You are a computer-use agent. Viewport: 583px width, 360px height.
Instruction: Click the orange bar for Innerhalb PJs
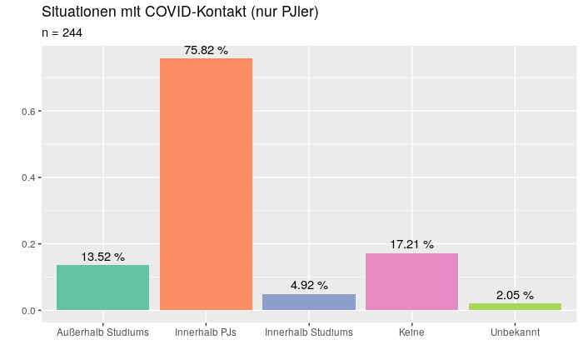tap(206, 184)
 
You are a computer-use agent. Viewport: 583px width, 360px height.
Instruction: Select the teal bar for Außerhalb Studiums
tap(102, 287)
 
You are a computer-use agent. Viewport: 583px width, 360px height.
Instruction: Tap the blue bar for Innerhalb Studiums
tap(309, 302)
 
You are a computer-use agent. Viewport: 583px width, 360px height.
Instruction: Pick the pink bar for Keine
tap(411, 282)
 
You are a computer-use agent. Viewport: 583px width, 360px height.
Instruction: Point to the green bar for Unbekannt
tap(515, 307)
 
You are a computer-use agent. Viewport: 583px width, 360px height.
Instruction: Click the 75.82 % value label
tap(206, 50)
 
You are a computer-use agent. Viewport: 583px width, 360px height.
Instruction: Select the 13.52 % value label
tap(102, 257)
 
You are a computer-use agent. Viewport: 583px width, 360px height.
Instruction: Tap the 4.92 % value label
tap(309, 285)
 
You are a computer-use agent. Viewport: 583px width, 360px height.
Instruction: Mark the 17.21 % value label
tap(411, 244)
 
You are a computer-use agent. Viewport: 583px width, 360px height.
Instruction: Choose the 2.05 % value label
tap(515, 295)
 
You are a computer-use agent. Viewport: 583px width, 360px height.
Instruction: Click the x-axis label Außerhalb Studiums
tap(102, 332)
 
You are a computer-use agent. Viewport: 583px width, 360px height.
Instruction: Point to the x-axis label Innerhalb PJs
tap(206, 332)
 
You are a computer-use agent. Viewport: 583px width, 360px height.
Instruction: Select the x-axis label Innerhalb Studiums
tap(309, 332)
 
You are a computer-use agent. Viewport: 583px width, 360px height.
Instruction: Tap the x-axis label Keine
tap(411, 332)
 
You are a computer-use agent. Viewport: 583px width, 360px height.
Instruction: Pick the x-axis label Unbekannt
tap(515, 332)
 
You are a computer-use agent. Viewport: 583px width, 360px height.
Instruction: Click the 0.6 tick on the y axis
tap(26, 112)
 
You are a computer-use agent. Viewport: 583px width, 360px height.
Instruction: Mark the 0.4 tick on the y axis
tap(26, 177)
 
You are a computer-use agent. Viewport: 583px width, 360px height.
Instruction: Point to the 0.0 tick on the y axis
tap(26, 311)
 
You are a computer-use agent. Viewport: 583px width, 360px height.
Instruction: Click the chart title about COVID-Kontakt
tap(180, 12)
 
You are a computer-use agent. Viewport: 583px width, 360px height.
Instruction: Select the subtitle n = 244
tap(62, 32)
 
